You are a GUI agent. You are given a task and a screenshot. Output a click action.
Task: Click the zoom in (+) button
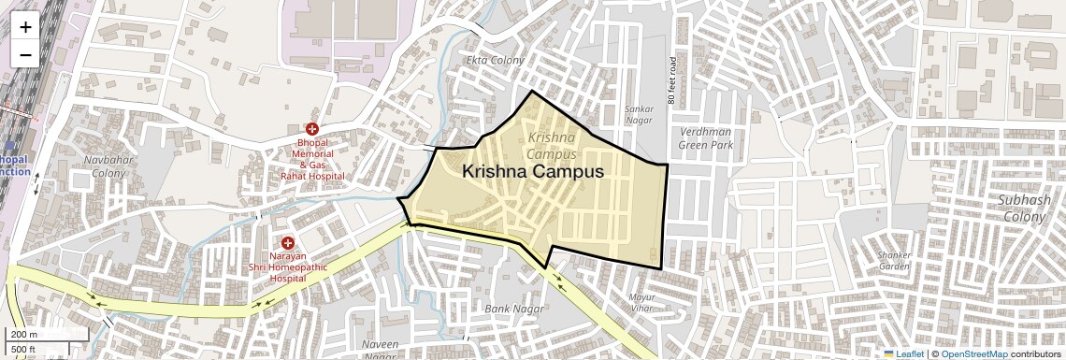click(25, 27)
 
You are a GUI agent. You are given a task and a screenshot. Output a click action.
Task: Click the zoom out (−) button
click(25, 55)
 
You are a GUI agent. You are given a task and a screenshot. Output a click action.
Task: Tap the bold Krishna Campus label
click(533, 172)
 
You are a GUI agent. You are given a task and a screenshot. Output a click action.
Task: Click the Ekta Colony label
click(495, 60)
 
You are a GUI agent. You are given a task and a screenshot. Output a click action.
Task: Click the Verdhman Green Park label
click(705, 138)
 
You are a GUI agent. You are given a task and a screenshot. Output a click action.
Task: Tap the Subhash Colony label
click(1024, 208)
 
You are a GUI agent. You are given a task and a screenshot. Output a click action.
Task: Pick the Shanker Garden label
click(894, 260)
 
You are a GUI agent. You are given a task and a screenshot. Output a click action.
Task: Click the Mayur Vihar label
click(641, 301)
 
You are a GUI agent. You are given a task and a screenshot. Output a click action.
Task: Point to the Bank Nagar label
click(508, 308)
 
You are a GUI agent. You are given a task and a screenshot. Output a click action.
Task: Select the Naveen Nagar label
click(380, 350)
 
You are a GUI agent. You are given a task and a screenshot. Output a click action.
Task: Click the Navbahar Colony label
click(105, 166)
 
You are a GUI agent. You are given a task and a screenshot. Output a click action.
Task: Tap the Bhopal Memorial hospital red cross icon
click(312, 128)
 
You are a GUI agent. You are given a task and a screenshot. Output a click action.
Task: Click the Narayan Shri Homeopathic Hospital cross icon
click(287, 242)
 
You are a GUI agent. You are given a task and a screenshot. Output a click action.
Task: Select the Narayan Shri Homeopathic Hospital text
click(287, 266)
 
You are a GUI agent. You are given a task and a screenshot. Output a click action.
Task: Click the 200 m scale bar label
click(24, 334)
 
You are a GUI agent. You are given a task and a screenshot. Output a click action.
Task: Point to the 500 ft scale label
click(24, 350)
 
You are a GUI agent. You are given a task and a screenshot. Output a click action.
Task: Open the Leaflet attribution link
click(903, 353)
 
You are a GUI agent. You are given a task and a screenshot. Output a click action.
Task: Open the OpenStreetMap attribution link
click(973, 353)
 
